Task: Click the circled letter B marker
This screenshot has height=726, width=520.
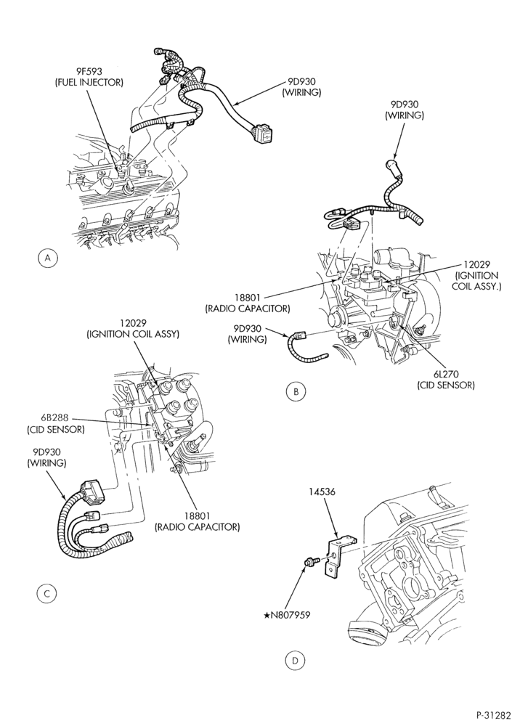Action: [296, 392]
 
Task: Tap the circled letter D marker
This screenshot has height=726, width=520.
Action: [295, 661]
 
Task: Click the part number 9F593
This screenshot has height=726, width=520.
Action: [89, 72]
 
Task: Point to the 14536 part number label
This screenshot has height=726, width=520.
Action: [322, 492]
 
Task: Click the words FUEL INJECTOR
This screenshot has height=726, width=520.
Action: [89, 83]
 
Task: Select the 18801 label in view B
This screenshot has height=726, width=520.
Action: [247, 298]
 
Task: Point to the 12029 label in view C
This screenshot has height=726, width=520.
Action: [132, 323]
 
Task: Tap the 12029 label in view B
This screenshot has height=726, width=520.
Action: [476, 265]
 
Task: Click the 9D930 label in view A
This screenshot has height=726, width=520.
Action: [301, 81]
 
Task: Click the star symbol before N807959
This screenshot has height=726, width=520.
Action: [266, 616]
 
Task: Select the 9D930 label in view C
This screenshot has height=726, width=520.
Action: [46, 452]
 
